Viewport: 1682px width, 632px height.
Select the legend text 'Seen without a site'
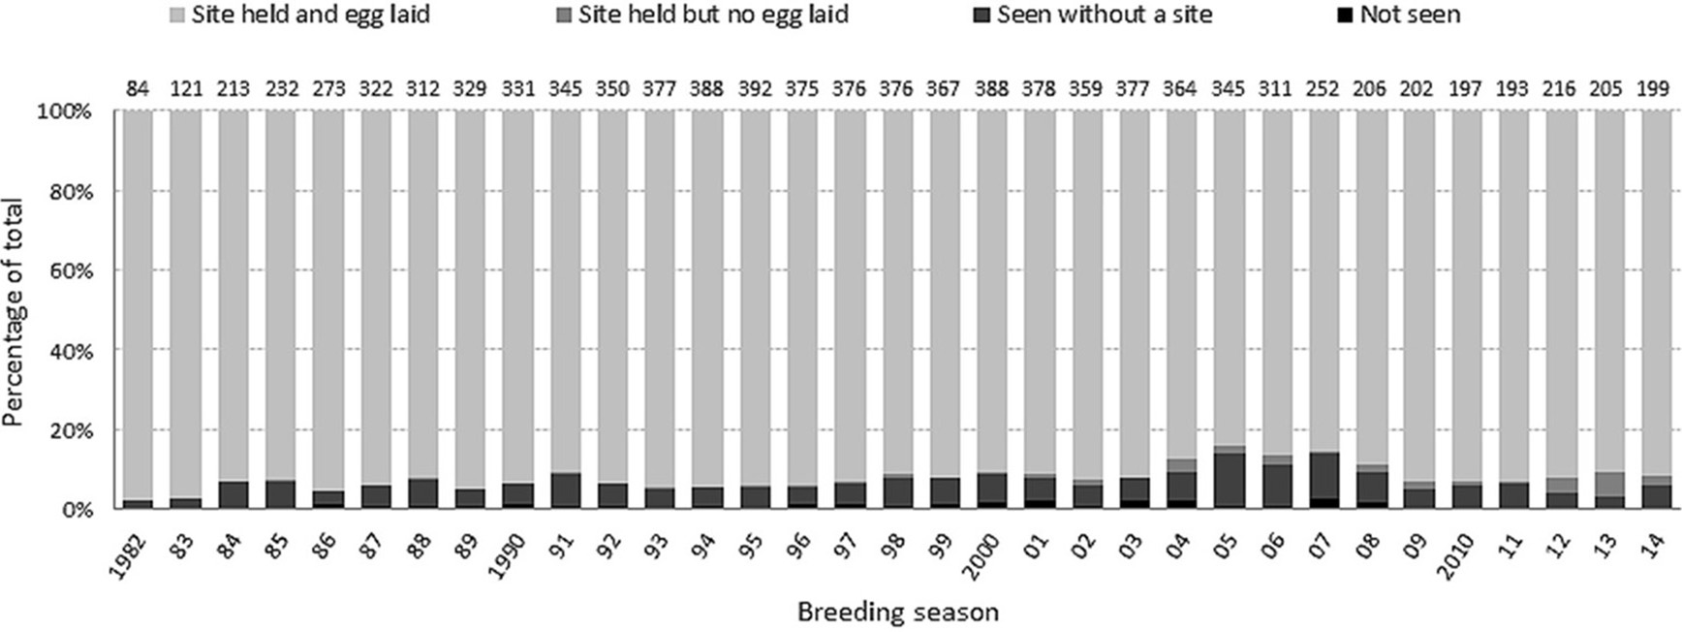[x=1105, y=15]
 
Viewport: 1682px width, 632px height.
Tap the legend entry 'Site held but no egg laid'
[x=713, y=15]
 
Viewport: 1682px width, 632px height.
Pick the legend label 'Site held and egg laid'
[x=309, y=15]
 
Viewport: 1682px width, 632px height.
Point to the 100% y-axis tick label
[x=63, y=111]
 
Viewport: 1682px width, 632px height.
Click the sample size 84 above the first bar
[x=138, y=89]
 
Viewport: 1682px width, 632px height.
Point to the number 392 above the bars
[x=755, y=89]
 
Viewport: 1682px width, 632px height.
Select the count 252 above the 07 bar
[x=1323, y=89]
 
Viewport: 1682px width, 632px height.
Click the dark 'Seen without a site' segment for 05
[x=1229, y=479]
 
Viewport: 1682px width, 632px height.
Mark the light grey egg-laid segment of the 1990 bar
[x=517, y=291]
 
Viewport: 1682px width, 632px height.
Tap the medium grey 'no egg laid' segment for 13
[x=1607, y=484]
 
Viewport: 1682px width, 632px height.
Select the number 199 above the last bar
[x=1654, y=89]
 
